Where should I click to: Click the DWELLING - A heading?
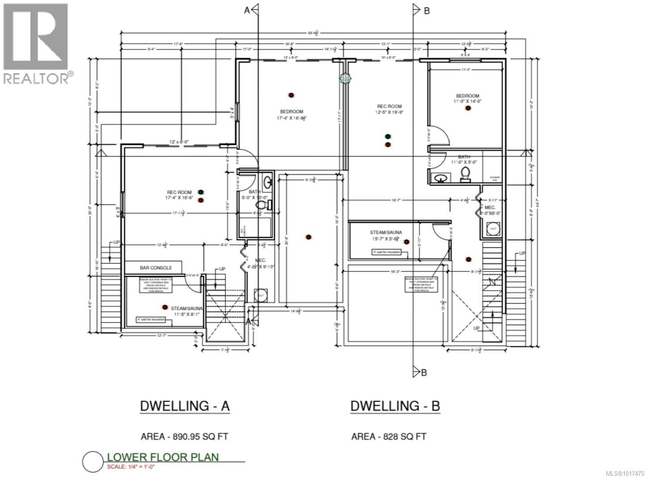click(185, 406)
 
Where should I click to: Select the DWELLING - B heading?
click(395, 406)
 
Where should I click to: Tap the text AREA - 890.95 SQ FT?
click(185, 436)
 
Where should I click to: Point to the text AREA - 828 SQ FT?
click(389, 436)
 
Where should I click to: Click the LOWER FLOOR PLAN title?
click(163, 457)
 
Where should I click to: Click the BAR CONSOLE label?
click(155, 268)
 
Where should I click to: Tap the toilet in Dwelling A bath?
click(264, 205)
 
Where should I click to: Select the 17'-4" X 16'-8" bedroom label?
click(291, 115)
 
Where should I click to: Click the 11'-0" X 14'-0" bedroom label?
click(468, 99)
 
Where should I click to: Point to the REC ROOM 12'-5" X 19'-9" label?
click(389, 109)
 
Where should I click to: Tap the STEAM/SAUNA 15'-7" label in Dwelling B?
click(386, 235)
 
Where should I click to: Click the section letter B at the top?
click(427, 11)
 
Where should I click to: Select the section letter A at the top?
click(247, 11)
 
